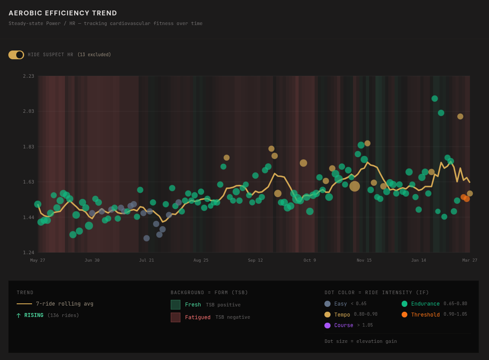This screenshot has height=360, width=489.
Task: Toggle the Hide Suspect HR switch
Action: (16, 55)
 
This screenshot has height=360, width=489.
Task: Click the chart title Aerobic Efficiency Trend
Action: (63, 13)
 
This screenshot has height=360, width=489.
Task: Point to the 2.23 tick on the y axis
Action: (29, 76)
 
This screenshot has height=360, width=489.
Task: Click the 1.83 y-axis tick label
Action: (29, 147)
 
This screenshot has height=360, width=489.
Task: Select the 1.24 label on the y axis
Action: (29, 252)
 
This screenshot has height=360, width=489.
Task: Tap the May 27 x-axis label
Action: (38, 260)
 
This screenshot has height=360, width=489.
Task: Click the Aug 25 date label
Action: (201, 260)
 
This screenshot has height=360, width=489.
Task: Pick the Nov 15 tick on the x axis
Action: (364, 260)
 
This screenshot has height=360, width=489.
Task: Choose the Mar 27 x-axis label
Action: (470, 260)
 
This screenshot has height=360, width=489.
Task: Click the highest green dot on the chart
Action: (435, 98)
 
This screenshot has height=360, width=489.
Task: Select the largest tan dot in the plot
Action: (355, 186)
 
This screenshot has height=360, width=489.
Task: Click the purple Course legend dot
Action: (327, 325)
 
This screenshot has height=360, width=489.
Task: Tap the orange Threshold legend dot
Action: (404, 314)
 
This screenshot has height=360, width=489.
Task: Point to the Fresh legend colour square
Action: (176, 305)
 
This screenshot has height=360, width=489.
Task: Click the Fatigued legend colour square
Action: (176, 317)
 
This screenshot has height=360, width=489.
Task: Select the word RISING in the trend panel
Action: (34, 315)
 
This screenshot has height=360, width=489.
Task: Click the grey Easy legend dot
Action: (327, 304)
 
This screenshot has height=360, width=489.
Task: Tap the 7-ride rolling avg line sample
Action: (24, 304)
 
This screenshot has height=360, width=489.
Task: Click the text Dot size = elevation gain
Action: (360, 341)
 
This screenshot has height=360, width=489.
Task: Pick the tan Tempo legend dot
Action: (327, 314)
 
